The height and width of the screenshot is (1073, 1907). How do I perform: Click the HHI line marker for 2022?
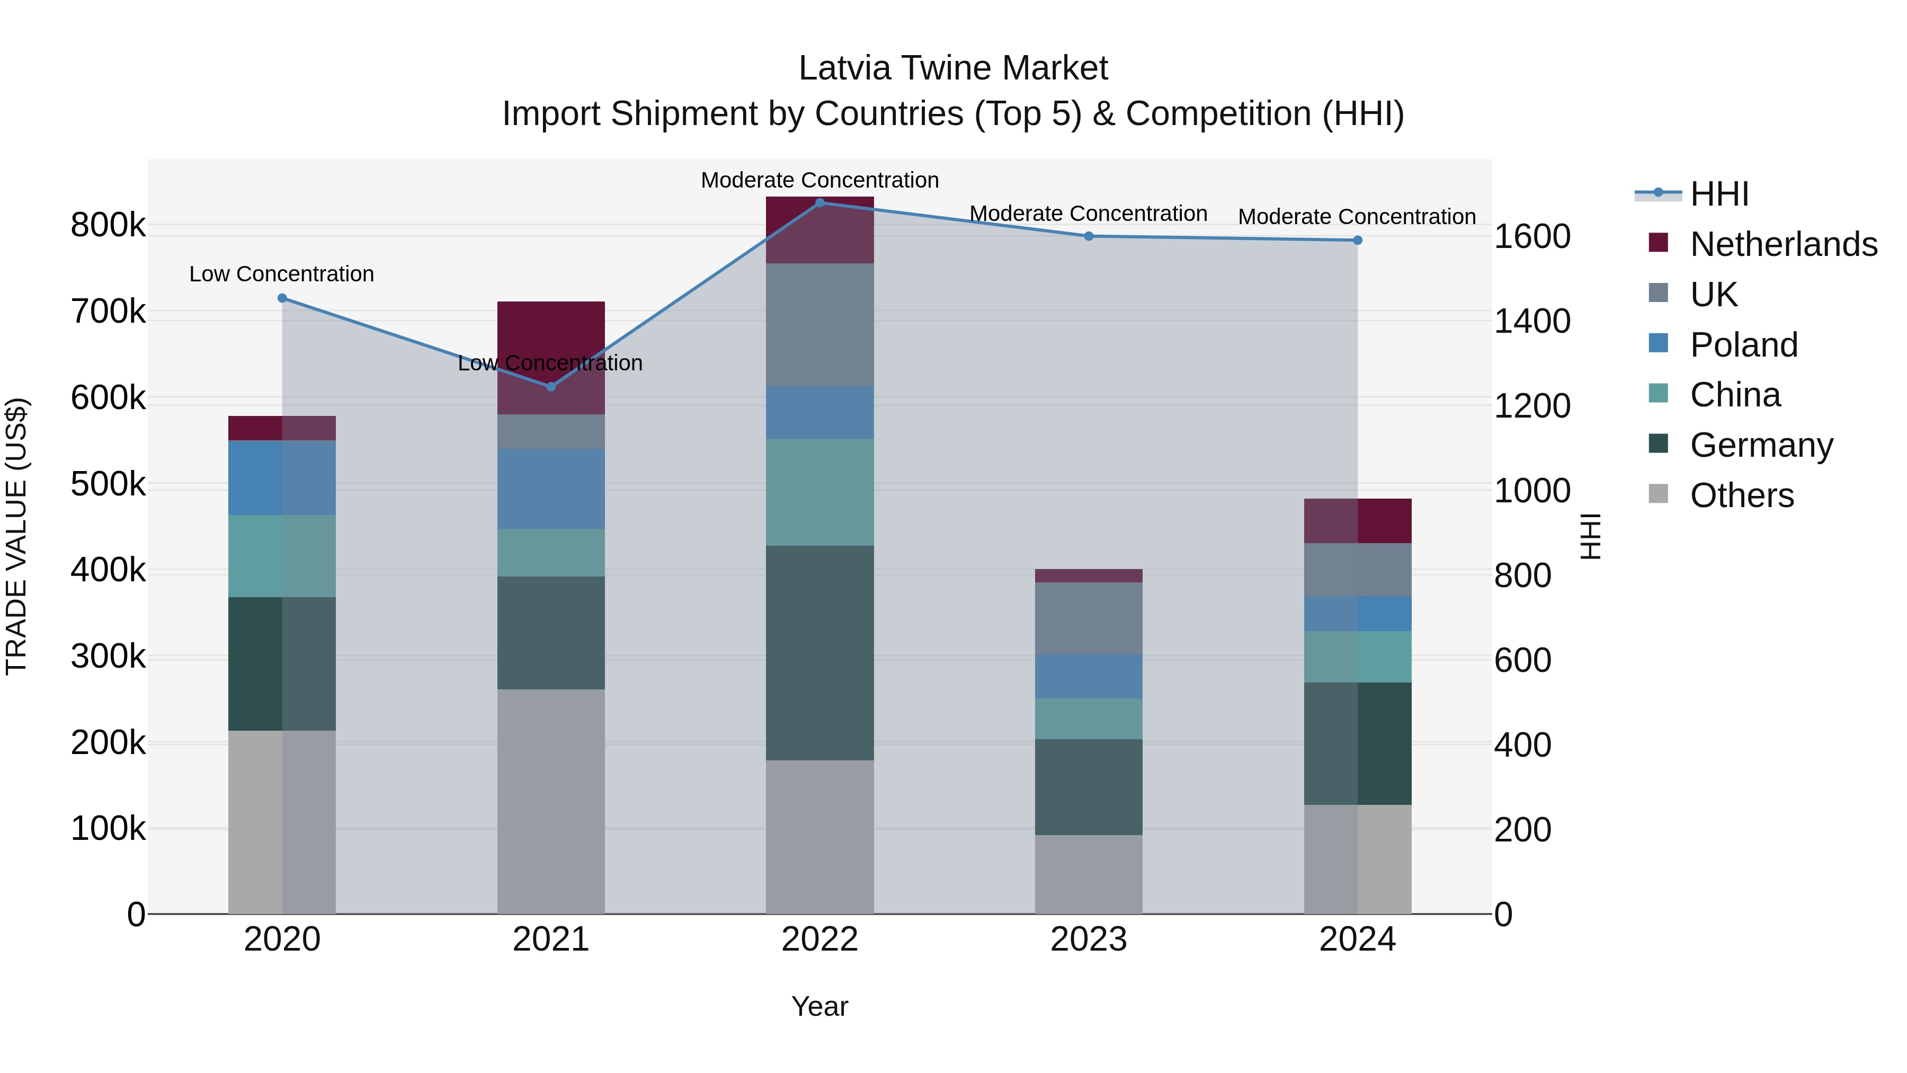point(819,202)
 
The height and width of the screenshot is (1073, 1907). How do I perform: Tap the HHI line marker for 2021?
point(551,387)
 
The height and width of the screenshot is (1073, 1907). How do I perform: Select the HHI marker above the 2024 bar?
point(1358,240)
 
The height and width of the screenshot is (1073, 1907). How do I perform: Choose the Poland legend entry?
point(1743,345)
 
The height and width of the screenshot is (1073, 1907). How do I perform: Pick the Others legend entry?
point(1741,495)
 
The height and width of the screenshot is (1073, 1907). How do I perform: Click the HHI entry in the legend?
point(1719,194)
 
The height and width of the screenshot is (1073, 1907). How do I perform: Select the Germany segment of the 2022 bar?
point(819,653)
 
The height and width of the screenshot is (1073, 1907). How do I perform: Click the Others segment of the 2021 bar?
point(551,801)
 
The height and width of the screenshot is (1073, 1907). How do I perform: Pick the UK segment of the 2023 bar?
point(1088,618)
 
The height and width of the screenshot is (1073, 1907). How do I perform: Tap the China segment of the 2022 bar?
point(819,492)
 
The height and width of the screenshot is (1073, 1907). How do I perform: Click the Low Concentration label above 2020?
point(281,274)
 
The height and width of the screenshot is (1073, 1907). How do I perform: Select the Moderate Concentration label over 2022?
point(819,180)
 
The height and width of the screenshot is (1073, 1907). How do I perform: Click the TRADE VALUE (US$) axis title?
point(16,536)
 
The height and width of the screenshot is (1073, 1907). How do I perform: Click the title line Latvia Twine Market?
point(953,68)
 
